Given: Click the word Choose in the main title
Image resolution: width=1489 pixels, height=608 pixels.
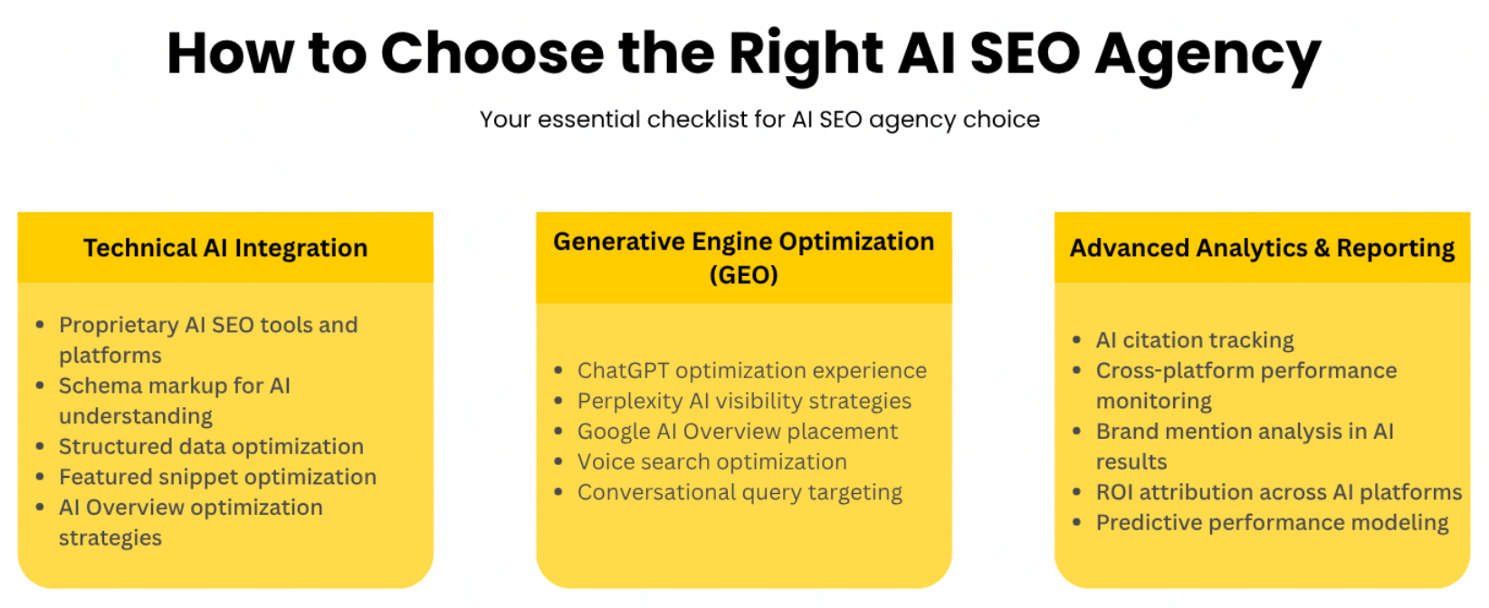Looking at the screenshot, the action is click(492, 53).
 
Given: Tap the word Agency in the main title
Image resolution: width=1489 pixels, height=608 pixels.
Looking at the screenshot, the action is click(1207, 57).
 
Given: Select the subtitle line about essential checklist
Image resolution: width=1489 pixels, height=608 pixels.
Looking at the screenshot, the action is click(759, 119).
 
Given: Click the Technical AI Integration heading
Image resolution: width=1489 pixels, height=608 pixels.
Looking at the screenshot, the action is click(225, 248).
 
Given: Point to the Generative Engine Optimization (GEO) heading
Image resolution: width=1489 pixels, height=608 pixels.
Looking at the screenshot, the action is click(744, 258).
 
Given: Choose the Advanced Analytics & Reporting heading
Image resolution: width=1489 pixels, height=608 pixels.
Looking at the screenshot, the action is click(1263, 248).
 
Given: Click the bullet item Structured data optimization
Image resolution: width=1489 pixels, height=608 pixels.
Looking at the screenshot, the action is click(212, 447).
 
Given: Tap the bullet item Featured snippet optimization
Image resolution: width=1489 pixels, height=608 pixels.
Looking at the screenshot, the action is click(217, 477).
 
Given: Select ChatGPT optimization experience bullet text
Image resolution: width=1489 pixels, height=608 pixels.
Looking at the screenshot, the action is click(752, 371).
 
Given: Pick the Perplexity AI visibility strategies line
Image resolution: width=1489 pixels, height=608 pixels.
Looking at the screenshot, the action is click(744, 402).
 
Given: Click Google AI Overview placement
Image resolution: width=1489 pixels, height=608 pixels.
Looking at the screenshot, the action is click(738, 432).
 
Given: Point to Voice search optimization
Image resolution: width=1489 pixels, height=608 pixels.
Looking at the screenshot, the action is click(712, 461).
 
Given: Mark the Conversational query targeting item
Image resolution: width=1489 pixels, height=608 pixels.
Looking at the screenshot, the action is click(740, 492).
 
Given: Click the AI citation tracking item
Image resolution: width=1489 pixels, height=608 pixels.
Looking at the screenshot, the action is click(1195, 340).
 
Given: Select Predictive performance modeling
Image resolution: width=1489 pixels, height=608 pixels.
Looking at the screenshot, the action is click(1273, 523).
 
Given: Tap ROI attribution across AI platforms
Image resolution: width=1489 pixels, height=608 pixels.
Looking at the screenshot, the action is click(1279, 492).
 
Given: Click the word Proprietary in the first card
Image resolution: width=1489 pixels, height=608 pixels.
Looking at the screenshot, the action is click(119, 326).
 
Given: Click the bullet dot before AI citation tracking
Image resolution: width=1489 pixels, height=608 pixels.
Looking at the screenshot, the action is click(1077, 340).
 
